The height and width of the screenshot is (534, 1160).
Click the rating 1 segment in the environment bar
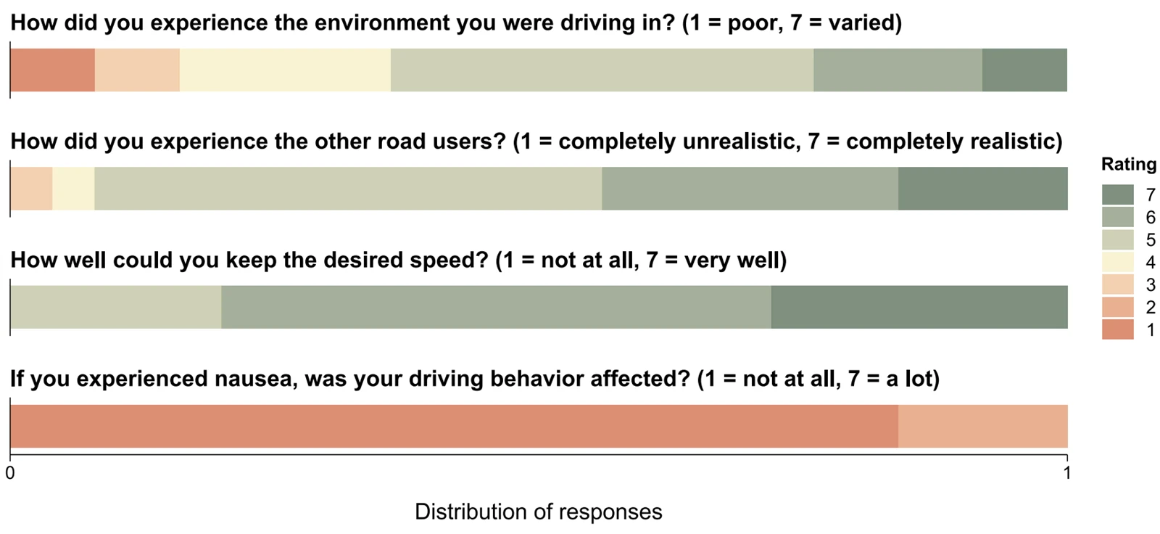click(x=52, y=70)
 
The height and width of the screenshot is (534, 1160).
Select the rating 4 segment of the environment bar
click(x=286, y=70)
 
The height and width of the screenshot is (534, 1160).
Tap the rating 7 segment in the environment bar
click(x=1025, y=70)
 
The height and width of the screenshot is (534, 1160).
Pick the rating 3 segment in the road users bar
click(x=31, y=189)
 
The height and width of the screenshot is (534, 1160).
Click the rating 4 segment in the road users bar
click(x=73, y=189)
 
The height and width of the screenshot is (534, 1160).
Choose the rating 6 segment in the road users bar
click(x=750, y=189)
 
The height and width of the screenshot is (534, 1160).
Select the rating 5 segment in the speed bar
click(x=116, y=307)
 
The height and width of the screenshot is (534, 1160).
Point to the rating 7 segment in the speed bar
click(x=919, y=307)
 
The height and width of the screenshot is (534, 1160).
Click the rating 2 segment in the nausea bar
click(x=983, y=426)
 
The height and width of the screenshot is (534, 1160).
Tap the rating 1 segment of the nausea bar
click(x=454, y=426)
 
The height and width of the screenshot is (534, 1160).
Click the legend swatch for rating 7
click(x=1117, y=194)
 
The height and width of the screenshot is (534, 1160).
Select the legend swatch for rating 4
click(x=1117, y=262)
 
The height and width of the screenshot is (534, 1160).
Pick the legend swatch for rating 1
click(x=1117, y=329)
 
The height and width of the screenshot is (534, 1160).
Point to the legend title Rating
click(x=1129, y=165)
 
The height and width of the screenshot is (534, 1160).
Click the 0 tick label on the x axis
click(x=10, y=473)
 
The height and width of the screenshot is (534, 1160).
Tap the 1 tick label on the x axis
click(x=1066, y=473)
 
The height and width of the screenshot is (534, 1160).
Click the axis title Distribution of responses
click(x=539, y=512)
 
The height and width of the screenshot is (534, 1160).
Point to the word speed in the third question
click(x=449, y=260)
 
